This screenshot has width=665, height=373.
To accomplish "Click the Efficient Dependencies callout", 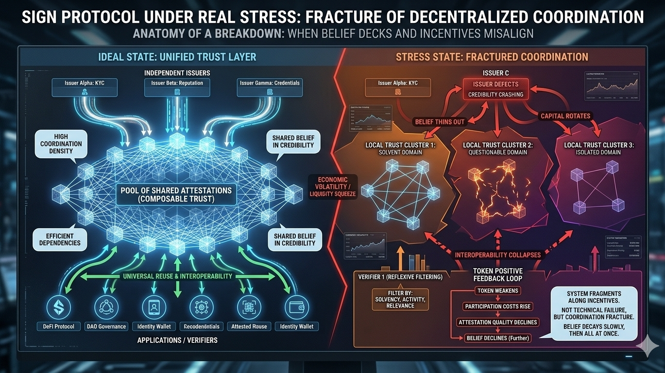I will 60,239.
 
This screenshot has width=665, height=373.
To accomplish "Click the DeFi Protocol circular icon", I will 58,307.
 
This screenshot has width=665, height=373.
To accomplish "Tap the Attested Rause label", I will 248,326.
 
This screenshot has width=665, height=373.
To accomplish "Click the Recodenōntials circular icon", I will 200,307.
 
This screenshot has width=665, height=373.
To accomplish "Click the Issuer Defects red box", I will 495,89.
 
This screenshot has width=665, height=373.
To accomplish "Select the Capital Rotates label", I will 565,116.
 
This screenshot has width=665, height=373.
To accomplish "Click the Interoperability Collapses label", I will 497,255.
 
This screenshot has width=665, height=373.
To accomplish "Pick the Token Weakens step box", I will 497,291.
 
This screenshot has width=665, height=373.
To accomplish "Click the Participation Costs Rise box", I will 497,306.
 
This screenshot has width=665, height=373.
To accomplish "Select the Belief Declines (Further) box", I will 497,338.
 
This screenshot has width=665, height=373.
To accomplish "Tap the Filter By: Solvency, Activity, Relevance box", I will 400,300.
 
